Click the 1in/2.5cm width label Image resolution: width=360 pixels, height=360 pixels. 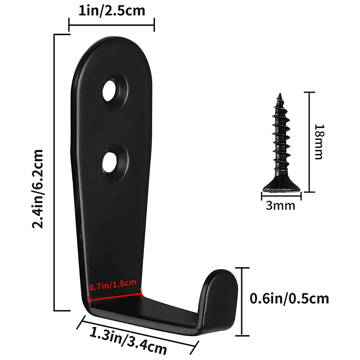[112, 10]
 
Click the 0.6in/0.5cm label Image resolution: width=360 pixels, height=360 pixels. [289, 298]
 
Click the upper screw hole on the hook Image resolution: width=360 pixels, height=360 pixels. [111, 90]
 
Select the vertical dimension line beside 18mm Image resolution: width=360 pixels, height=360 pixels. [308, 142]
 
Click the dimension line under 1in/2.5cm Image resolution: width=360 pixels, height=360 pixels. [112, 25]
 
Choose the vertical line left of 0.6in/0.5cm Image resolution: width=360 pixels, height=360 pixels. [243, 301]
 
